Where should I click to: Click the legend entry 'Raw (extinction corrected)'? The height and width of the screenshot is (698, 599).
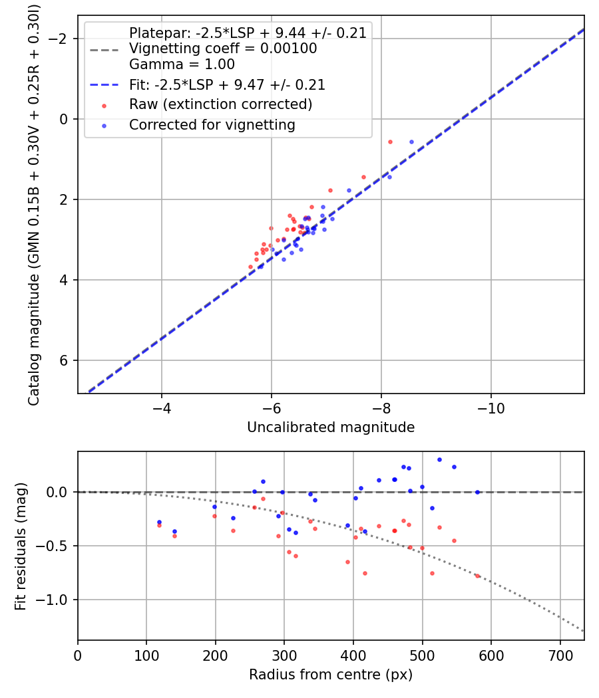[x=220, y=104]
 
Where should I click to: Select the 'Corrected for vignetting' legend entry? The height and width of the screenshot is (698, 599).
[x=212, y=124]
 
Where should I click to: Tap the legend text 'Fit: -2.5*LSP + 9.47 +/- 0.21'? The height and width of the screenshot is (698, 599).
[x=227, y=85]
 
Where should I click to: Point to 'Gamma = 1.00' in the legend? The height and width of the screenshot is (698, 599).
[x=182, y=65]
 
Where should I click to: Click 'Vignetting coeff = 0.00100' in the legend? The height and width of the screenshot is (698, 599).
[x=223, y=49]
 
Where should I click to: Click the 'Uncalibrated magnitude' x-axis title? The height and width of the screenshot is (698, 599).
[x=331, y=427]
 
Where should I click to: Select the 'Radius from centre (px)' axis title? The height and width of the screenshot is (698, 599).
[x=331, y=675]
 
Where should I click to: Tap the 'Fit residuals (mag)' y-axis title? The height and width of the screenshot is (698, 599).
[x=21, y=546]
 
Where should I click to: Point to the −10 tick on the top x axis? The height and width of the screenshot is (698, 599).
[x=491, y=407]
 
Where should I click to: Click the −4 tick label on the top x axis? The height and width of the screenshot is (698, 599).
[x=162, y=407]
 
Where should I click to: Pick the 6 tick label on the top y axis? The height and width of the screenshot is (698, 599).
[x=64, y=360]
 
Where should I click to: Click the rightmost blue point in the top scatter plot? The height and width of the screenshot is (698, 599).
[x=411, y=142]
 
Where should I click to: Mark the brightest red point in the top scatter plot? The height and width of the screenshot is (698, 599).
[x=390, y=142]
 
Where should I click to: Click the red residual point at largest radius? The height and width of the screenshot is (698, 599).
[x=477, y=576]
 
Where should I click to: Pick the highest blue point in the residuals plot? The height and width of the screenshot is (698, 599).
[x=439, y=459]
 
